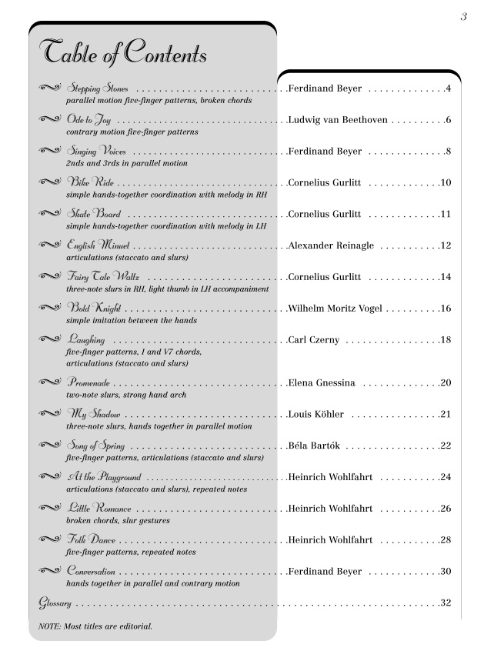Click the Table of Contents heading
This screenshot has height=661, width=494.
tap(123, 53)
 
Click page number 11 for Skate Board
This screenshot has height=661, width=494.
tap(446, 214)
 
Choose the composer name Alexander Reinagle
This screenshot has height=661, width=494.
tap(331, 245)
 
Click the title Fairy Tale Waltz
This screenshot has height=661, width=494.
tap(107, 277)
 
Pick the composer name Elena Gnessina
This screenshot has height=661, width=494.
tap(321, 382)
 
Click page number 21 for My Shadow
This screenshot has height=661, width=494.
tap(446, 414)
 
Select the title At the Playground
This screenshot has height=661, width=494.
tap(103, 477)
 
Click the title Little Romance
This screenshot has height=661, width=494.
tap(99, 509)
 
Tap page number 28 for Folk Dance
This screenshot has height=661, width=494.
tap(446, 540)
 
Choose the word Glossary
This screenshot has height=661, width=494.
tap(55, 603)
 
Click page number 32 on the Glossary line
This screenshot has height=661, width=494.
tap(446, 603)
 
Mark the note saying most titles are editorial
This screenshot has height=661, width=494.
tap(95, 626)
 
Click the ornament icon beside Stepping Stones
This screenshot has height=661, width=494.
tap(51, 88)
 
